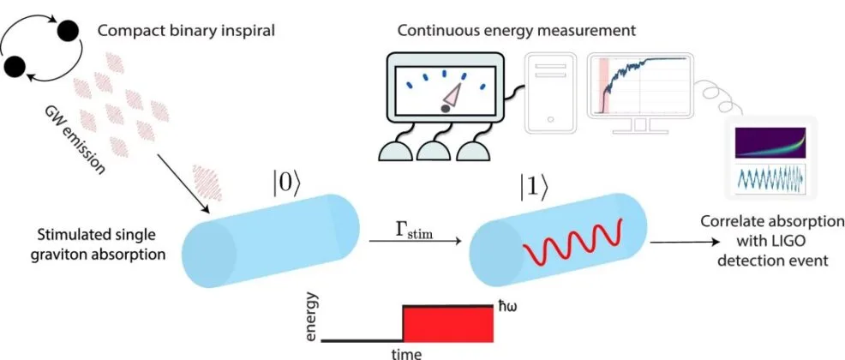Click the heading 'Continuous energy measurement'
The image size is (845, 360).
[517, 30]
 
